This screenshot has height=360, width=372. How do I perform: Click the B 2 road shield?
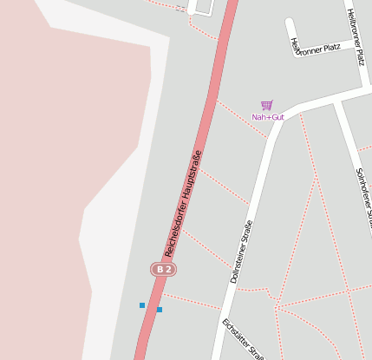point(163,270)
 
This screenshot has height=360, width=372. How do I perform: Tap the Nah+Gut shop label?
point(268,117)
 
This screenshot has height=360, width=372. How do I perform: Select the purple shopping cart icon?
point(267,105)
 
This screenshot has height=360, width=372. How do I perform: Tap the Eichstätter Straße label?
point(243,340)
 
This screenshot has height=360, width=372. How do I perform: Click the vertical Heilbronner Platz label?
point(355,36)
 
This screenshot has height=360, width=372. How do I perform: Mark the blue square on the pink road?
point(160,310)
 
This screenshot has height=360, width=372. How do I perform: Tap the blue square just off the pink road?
point(142,305)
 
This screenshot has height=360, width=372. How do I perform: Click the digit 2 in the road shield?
point(168,270)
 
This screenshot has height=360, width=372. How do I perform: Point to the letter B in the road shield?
point(160,270)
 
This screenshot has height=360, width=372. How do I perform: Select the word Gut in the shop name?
point(277,117)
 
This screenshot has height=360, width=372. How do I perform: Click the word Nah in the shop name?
point(258,117)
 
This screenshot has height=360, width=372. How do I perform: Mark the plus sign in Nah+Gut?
point(267,117)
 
